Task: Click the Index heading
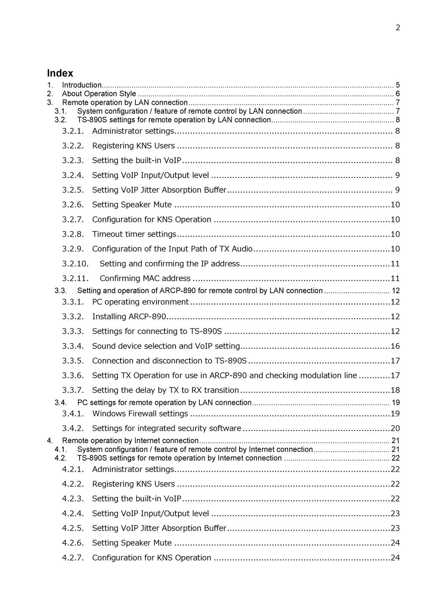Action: pyautogui.click(x=60, y=73)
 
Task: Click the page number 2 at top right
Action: pyautogui.click(x=398, y=28)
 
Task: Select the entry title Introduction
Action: pyautogui.click(x=81, y=85)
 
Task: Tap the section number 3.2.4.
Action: pyautogui.click(x=73, y=175)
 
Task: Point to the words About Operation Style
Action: pyautogui.click(x=99, y=94)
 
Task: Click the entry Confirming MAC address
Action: pyautogui.click(x=145, y=279)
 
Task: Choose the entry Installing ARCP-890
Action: pyautogui.click(x=129, y=317)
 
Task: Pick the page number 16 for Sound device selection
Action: pyautogui.click(x=395, y=346)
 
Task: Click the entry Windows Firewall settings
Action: pyautogui.click(x=140, y=414)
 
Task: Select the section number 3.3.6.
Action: pyautogui.click(x=73, y=376)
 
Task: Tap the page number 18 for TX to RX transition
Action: pyautogui.click(x=395, y=390)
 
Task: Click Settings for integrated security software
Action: pyautogui.click(x=166, y=429)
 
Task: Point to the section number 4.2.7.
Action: pyautogui.click(x=73, y=558)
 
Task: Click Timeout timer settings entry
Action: pyautogui.click(x=134, y=234)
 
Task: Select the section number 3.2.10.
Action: pyautogui.click(x=75, y=264)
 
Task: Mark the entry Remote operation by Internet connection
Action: pyautogui.click(x=130, y=441)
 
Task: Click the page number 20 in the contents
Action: pyautogui.click(x=395, y=429)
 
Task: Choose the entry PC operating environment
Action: pyautogui.click(x=140, y=302)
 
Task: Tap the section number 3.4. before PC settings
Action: pyautogui.click(x=61, y=403)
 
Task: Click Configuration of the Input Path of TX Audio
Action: pyautogui.click(x=172, y=249)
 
